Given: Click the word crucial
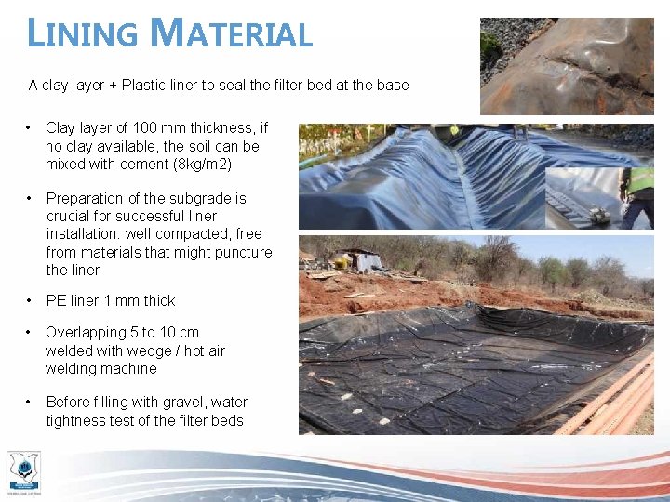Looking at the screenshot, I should (71, 217).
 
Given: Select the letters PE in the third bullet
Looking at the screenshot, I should (56, 301).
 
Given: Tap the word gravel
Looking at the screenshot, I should (184, 403).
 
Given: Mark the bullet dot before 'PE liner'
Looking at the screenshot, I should (31, 301).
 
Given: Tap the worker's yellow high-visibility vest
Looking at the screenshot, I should (640, 180).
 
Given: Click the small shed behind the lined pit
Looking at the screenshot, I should (362, 260).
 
